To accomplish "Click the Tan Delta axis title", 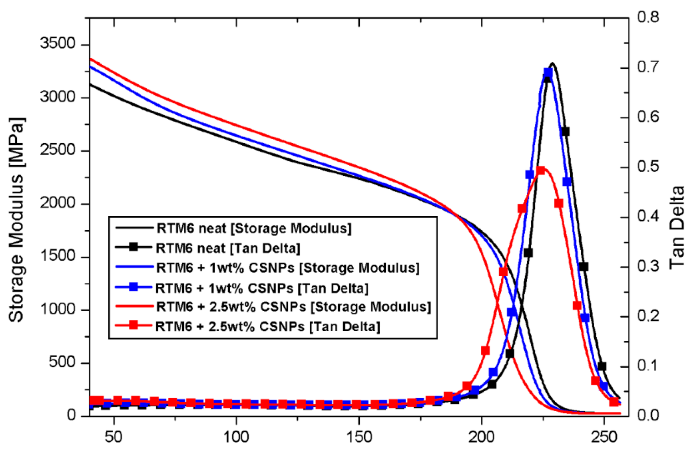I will [676, 228].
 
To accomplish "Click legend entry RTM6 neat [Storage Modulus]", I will [254, 228].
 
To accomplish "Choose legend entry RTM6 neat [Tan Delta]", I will [228, 248].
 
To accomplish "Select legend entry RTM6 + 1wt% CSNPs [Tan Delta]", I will [262, 288].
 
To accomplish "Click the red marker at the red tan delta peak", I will [541, 171].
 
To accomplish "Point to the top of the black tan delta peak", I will [552, 64].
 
